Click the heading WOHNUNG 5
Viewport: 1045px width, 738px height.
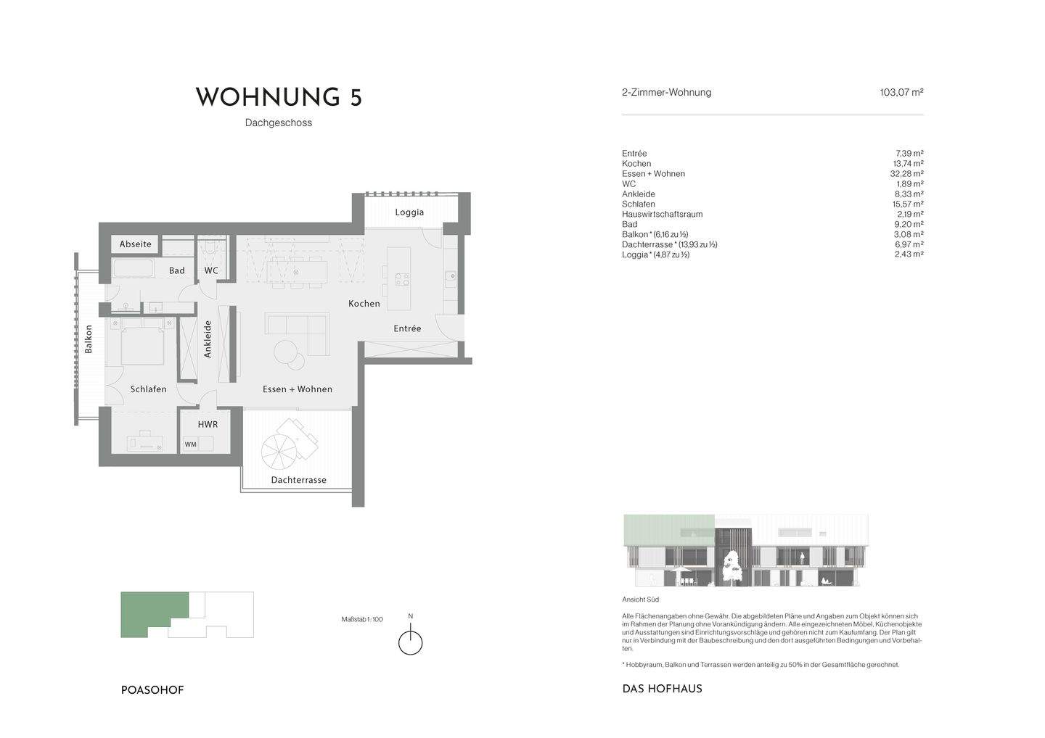[x=279, y=98]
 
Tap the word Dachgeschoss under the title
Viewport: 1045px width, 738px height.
[x=279, y=123]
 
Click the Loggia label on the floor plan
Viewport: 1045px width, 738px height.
[x=409, y=212]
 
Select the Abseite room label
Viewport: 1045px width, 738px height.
[x=136, y=244]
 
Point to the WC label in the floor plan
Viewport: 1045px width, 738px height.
[x=211, y=270]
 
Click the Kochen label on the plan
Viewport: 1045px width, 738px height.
[x=364, y=304]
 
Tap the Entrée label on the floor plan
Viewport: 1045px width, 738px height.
[x=407, y=328]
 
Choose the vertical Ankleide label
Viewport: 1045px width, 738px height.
[x=208, y=339]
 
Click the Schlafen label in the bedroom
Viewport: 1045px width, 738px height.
[x=149, y=389]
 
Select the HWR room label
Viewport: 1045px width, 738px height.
[x=208, y=424]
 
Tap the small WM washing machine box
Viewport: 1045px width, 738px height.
[x=190, y=444]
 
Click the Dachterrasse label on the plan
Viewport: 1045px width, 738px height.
[x=299, y=480]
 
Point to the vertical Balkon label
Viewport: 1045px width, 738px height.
[x=89, y=339]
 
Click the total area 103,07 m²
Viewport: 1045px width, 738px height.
[x=901, y=93]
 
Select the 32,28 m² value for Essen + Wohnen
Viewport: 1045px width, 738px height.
[x=906, y=174]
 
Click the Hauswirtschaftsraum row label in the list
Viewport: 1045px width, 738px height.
[x=662, y=215]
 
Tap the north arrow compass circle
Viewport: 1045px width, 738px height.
[x=411, y=643]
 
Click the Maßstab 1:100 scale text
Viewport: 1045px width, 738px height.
[x=362, y=620]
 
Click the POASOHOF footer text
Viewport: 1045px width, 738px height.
[x=152, y=690]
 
